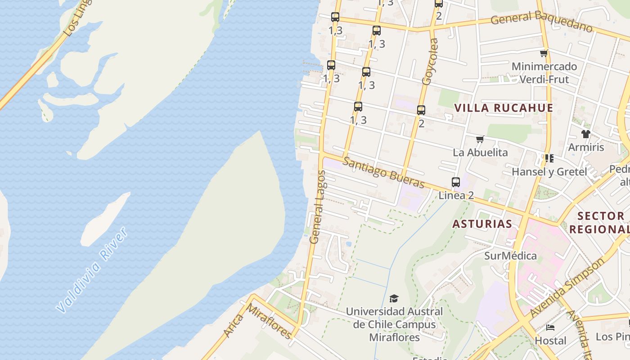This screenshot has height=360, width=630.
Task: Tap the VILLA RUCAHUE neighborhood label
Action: [504, 108]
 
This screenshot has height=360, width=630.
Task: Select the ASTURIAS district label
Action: [482, 224]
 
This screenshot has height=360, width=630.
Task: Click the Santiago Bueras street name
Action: [383, 173]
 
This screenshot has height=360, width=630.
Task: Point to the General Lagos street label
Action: [317, 207]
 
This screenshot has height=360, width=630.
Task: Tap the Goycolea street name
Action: [430, 62]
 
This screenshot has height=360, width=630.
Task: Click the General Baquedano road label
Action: [542, 21]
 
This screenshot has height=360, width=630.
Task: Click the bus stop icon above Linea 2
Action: [456, 182]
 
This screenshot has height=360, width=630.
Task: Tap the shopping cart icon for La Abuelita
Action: [480, 139]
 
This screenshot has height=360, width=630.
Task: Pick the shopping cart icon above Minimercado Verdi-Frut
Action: [544, 54]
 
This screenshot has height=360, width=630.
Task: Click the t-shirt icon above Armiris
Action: [585, 134]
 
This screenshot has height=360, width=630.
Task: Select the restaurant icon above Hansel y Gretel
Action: [549, 158]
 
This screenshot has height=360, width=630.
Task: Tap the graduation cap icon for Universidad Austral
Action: [394, 298]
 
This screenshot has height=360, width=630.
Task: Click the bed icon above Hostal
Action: [550, 328]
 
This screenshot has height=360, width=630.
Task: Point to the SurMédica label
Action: [510, 256]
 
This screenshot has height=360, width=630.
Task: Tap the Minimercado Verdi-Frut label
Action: [544, 73]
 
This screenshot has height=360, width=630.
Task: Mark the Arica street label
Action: [234, 325]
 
